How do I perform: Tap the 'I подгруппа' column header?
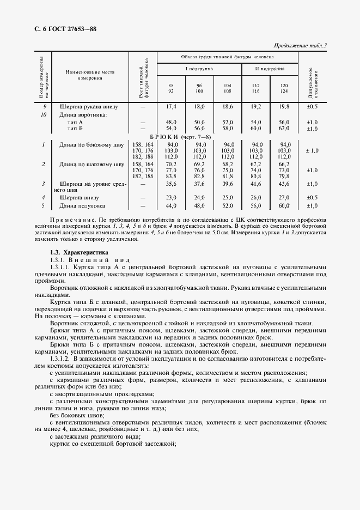click(x=199, y=69)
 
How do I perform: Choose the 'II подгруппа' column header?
click(x=270, y=69)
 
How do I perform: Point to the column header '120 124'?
click(x=284, y=89)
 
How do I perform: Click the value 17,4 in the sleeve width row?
click(x=170, y=107)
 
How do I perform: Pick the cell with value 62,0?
click(x=284, y=129)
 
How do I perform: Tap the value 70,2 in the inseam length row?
click(x=170, y=163)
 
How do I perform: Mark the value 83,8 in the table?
click(x=170, y=176)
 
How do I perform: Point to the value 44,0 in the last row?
click(x=170, y=205)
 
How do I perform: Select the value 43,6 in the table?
click(x=284, y=184)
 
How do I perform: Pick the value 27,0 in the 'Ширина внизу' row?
click(x=284, y=197)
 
